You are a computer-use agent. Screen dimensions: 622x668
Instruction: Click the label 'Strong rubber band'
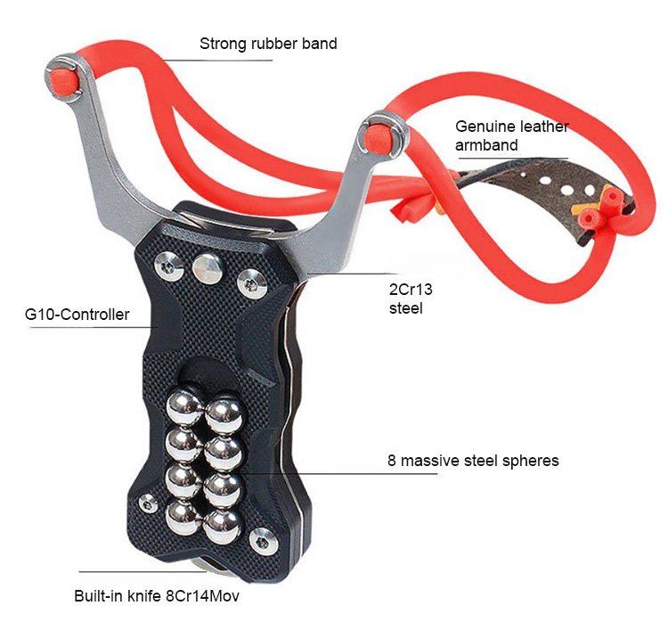(x=268, y=43)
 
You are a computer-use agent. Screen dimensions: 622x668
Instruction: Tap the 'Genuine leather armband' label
(x=511, y=135)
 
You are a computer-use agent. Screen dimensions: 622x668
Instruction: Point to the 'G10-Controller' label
(x=77, y=315)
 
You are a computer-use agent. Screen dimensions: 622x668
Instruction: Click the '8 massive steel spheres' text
(x=473, y=461)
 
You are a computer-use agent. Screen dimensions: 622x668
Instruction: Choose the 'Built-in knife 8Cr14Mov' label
(x=157, y=595)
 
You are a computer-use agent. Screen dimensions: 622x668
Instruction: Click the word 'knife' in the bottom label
(x=138, y=595)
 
